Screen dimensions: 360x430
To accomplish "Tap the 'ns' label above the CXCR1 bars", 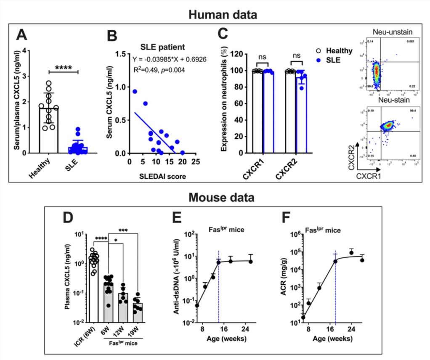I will click(x=263, y=55).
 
